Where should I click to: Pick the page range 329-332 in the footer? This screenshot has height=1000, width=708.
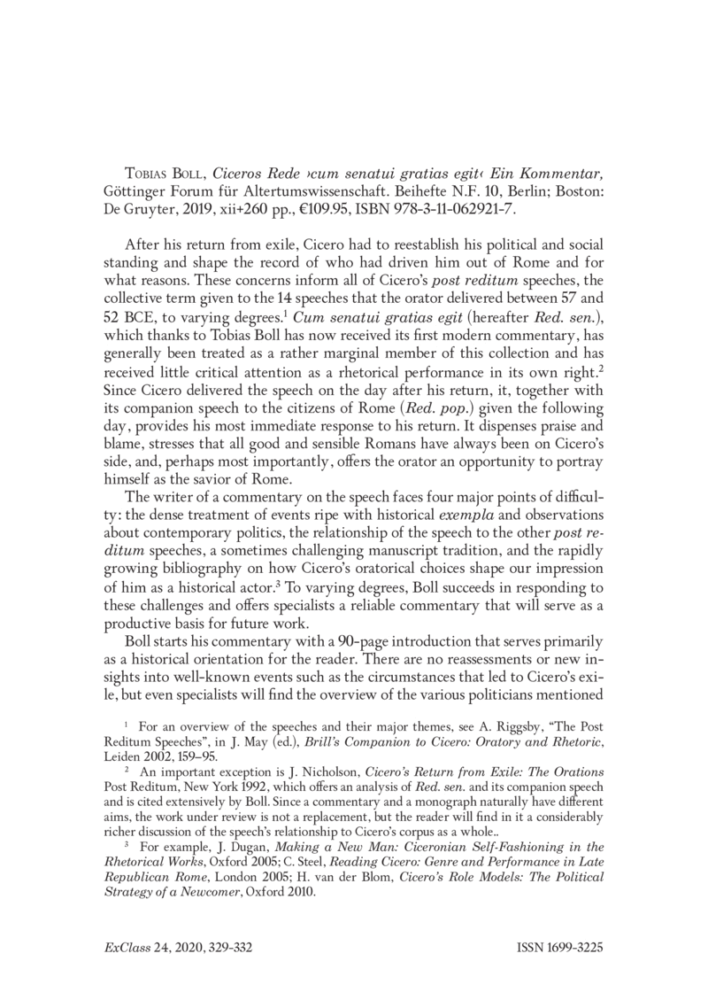(x=227, y=948)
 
